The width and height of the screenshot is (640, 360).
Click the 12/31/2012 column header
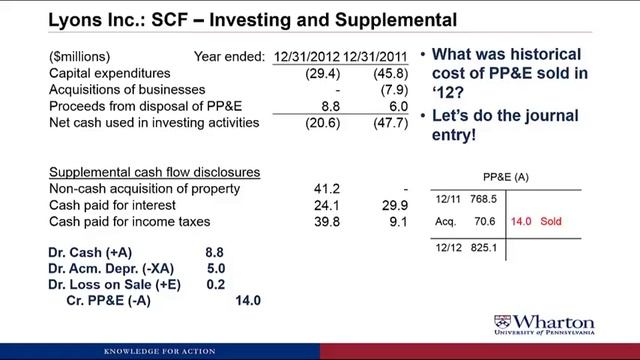pos(308,58)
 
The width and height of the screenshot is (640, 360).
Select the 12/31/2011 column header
pos(370,58)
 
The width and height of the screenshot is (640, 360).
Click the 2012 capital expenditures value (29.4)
pos(324,74)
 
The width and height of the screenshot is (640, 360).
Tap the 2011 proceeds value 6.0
pos(389,106)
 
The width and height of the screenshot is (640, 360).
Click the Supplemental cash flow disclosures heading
pos(154,172)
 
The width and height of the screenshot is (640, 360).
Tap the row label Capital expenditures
pos(111,74)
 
